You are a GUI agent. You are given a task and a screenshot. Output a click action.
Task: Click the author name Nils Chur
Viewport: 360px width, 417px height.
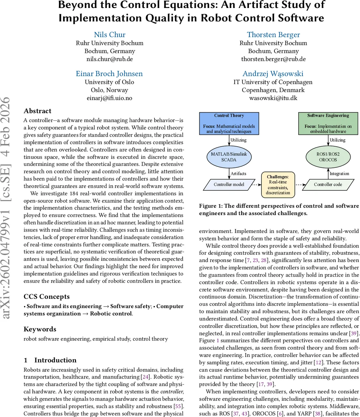pos(109,35)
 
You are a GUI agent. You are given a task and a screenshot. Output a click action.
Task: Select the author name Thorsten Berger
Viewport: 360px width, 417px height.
pos(273,35)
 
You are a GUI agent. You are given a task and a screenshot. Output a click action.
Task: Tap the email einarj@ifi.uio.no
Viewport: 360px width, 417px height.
pos(109,98)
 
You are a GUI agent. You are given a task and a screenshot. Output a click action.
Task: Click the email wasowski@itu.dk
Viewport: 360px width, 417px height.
pos(273,98)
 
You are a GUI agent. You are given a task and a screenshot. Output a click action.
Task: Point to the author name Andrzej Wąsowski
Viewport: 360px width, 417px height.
pos(273,74)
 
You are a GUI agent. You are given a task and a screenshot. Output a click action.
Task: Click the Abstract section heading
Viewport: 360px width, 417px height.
pos(37,111)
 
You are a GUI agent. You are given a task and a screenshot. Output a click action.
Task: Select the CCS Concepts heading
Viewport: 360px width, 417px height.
pos(47,297)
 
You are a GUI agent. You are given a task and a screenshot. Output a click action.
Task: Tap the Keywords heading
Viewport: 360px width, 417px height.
pos(40,329)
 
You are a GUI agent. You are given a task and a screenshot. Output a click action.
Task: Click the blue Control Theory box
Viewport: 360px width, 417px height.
pos(229,123)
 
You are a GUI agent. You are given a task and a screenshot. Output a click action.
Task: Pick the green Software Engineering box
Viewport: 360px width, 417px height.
pos(328,123)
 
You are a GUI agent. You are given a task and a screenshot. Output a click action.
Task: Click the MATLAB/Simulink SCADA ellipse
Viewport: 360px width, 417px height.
pos(229,157)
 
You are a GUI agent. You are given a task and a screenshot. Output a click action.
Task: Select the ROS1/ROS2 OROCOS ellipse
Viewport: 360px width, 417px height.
pos(328,157)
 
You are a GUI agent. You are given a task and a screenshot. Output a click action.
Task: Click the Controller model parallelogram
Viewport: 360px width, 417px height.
pos(229,185)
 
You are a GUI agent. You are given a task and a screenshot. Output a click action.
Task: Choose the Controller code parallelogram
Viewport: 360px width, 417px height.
pos(328,185)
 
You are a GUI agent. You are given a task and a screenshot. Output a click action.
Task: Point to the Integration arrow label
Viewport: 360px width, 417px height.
pos(339,174)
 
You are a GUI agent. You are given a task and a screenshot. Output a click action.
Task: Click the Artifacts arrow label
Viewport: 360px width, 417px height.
pos(238,174)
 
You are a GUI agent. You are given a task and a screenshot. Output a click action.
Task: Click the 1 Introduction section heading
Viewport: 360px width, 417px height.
pos(50,360)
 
